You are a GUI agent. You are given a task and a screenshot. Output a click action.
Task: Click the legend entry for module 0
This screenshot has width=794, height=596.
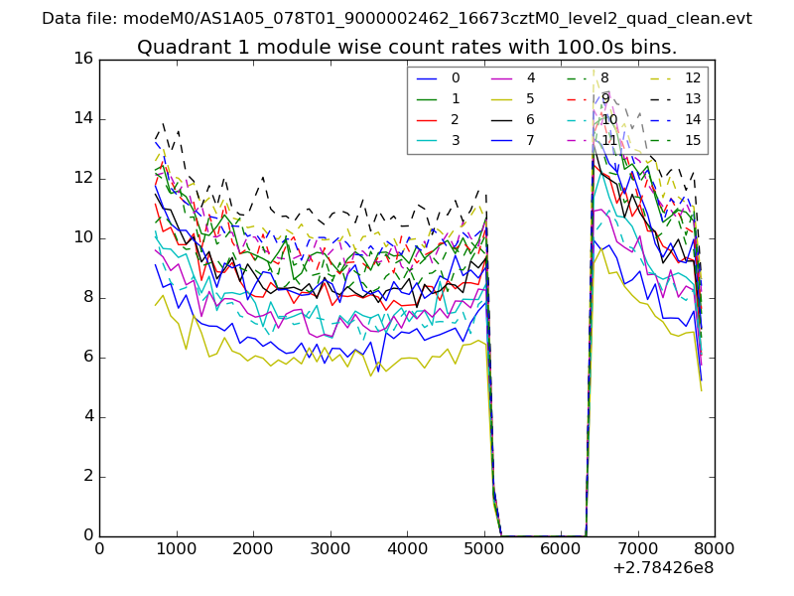coord(456,77)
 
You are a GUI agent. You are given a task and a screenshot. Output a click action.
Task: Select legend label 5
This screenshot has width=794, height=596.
coord(531,98)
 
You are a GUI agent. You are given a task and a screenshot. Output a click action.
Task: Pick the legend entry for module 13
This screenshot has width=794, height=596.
coord(693,98)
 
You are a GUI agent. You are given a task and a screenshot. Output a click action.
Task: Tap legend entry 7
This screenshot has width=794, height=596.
coord(531,140)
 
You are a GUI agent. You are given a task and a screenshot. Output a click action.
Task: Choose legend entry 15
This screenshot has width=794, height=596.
coord(693,140)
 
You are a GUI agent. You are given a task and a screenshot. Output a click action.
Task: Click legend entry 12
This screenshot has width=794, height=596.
coord(693,77)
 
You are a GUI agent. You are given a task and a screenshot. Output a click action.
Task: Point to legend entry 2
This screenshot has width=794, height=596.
coord(456,119)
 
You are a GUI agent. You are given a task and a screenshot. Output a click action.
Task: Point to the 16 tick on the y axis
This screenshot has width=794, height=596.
coord(82,59)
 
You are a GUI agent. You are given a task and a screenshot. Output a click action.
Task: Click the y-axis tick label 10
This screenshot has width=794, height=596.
coord(82,237)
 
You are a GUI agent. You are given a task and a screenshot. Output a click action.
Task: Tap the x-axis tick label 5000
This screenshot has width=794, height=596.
coord(484,547)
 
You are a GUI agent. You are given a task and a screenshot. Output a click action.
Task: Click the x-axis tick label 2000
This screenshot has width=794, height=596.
coord(253,547)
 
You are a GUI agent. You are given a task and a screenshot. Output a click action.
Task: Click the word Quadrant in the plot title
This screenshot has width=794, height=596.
coord(180,47)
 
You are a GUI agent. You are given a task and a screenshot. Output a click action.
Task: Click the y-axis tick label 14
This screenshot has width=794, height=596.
coord(82,118)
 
